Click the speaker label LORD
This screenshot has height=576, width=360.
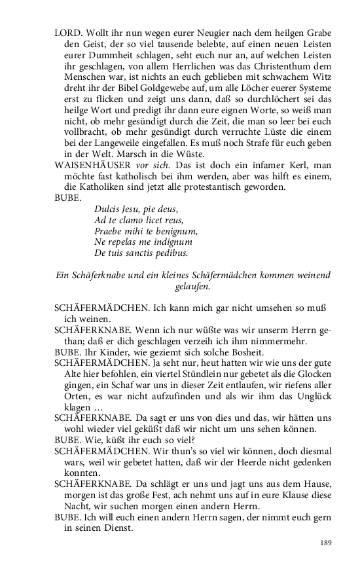(69, 33)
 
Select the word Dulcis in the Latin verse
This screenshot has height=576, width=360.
(109, 209)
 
